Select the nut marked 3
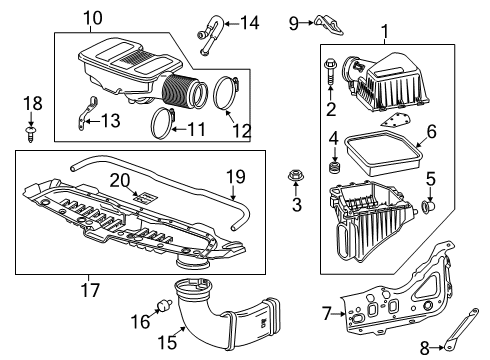(x=296, y=180)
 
